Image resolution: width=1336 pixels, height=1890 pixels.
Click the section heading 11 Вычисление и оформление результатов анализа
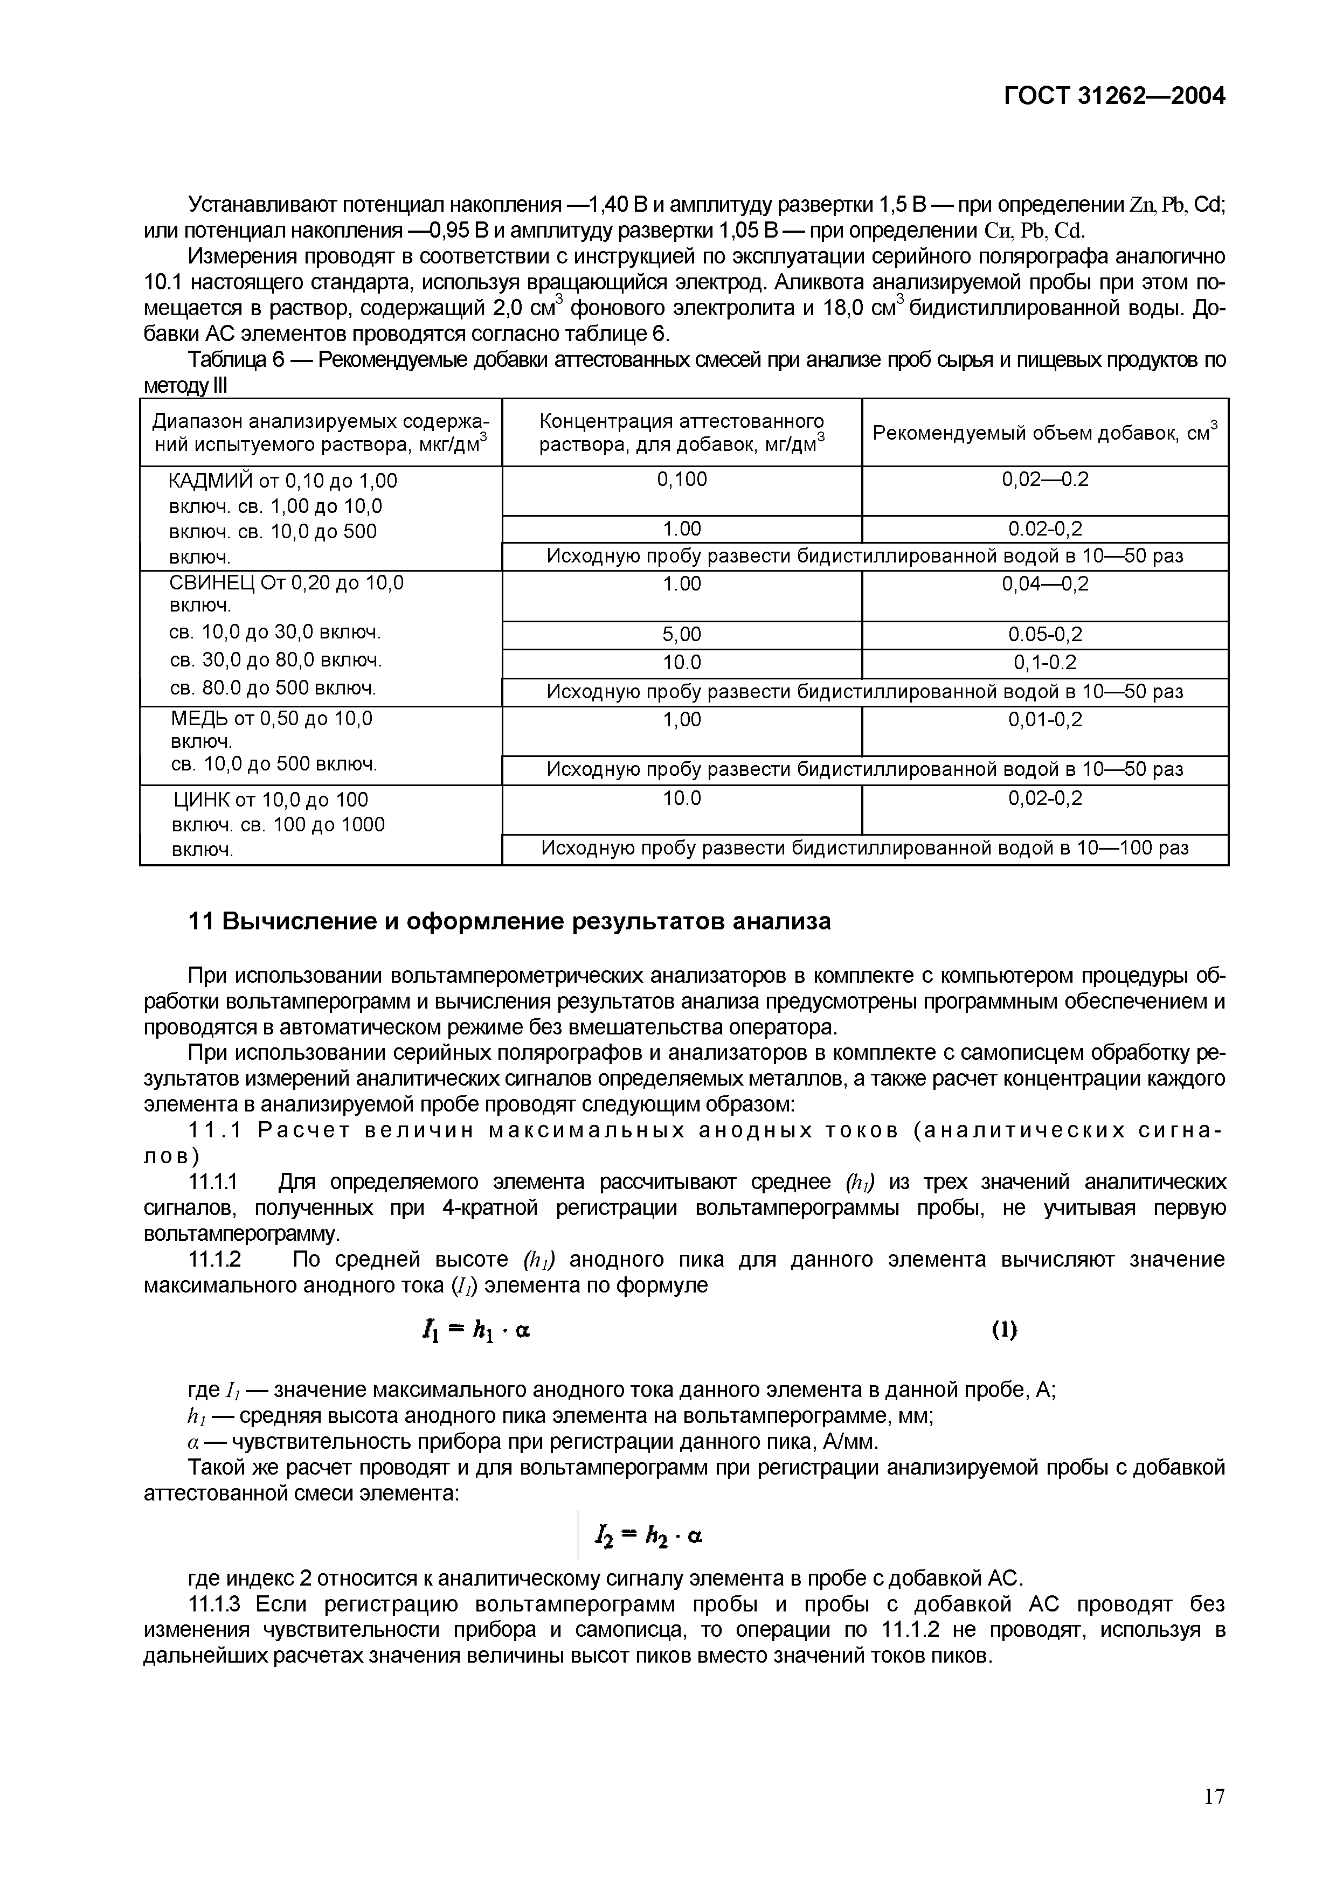(510, 921)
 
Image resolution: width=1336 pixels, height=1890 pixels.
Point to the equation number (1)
(1003, 1329)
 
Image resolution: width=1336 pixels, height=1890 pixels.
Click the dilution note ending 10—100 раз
(864, 849)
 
